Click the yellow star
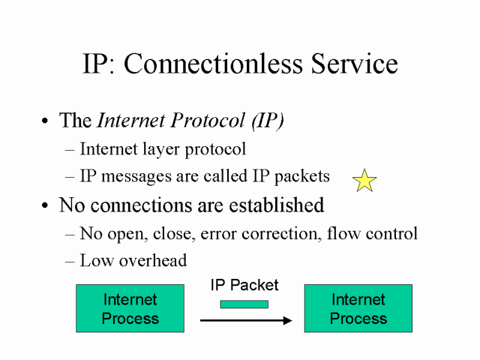click(x=364, y=181)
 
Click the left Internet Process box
click(x=130, y=308)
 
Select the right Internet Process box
click(x=358, y=308)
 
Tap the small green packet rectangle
click(x=244, y=304)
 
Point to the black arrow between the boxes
click(x=245, y=320)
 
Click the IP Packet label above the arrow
click(x=244, y=285)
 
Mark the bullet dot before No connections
click(x=46, y=205)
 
